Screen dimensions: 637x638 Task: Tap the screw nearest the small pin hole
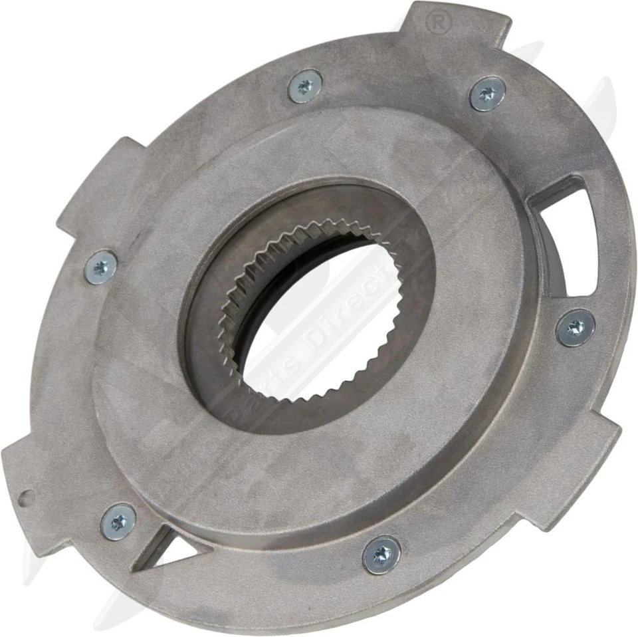coord(118,521)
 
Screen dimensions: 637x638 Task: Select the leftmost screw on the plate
coord(102,267)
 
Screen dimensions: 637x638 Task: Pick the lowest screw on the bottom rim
coord(381,555)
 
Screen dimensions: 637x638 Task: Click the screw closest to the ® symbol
coord(488,94)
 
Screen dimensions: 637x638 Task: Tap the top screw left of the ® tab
coord(305,86)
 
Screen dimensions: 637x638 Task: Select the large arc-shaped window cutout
coord(565,233)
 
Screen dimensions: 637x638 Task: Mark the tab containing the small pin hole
coord(33,479)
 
